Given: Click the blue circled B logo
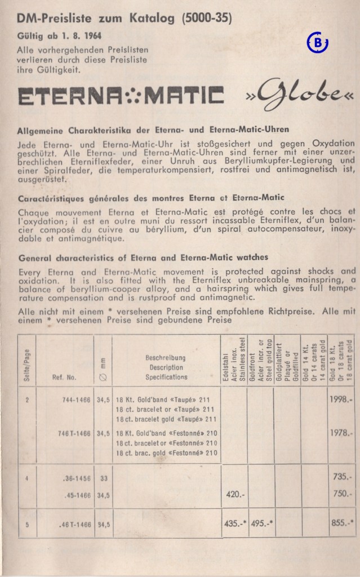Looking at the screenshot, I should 318,43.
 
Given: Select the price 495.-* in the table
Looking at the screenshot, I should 262,523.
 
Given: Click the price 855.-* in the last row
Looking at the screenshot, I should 343,523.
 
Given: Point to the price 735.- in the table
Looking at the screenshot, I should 343,477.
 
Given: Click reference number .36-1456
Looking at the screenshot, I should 74,478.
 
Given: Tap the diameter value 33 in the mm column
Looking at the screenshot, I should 102,478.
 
